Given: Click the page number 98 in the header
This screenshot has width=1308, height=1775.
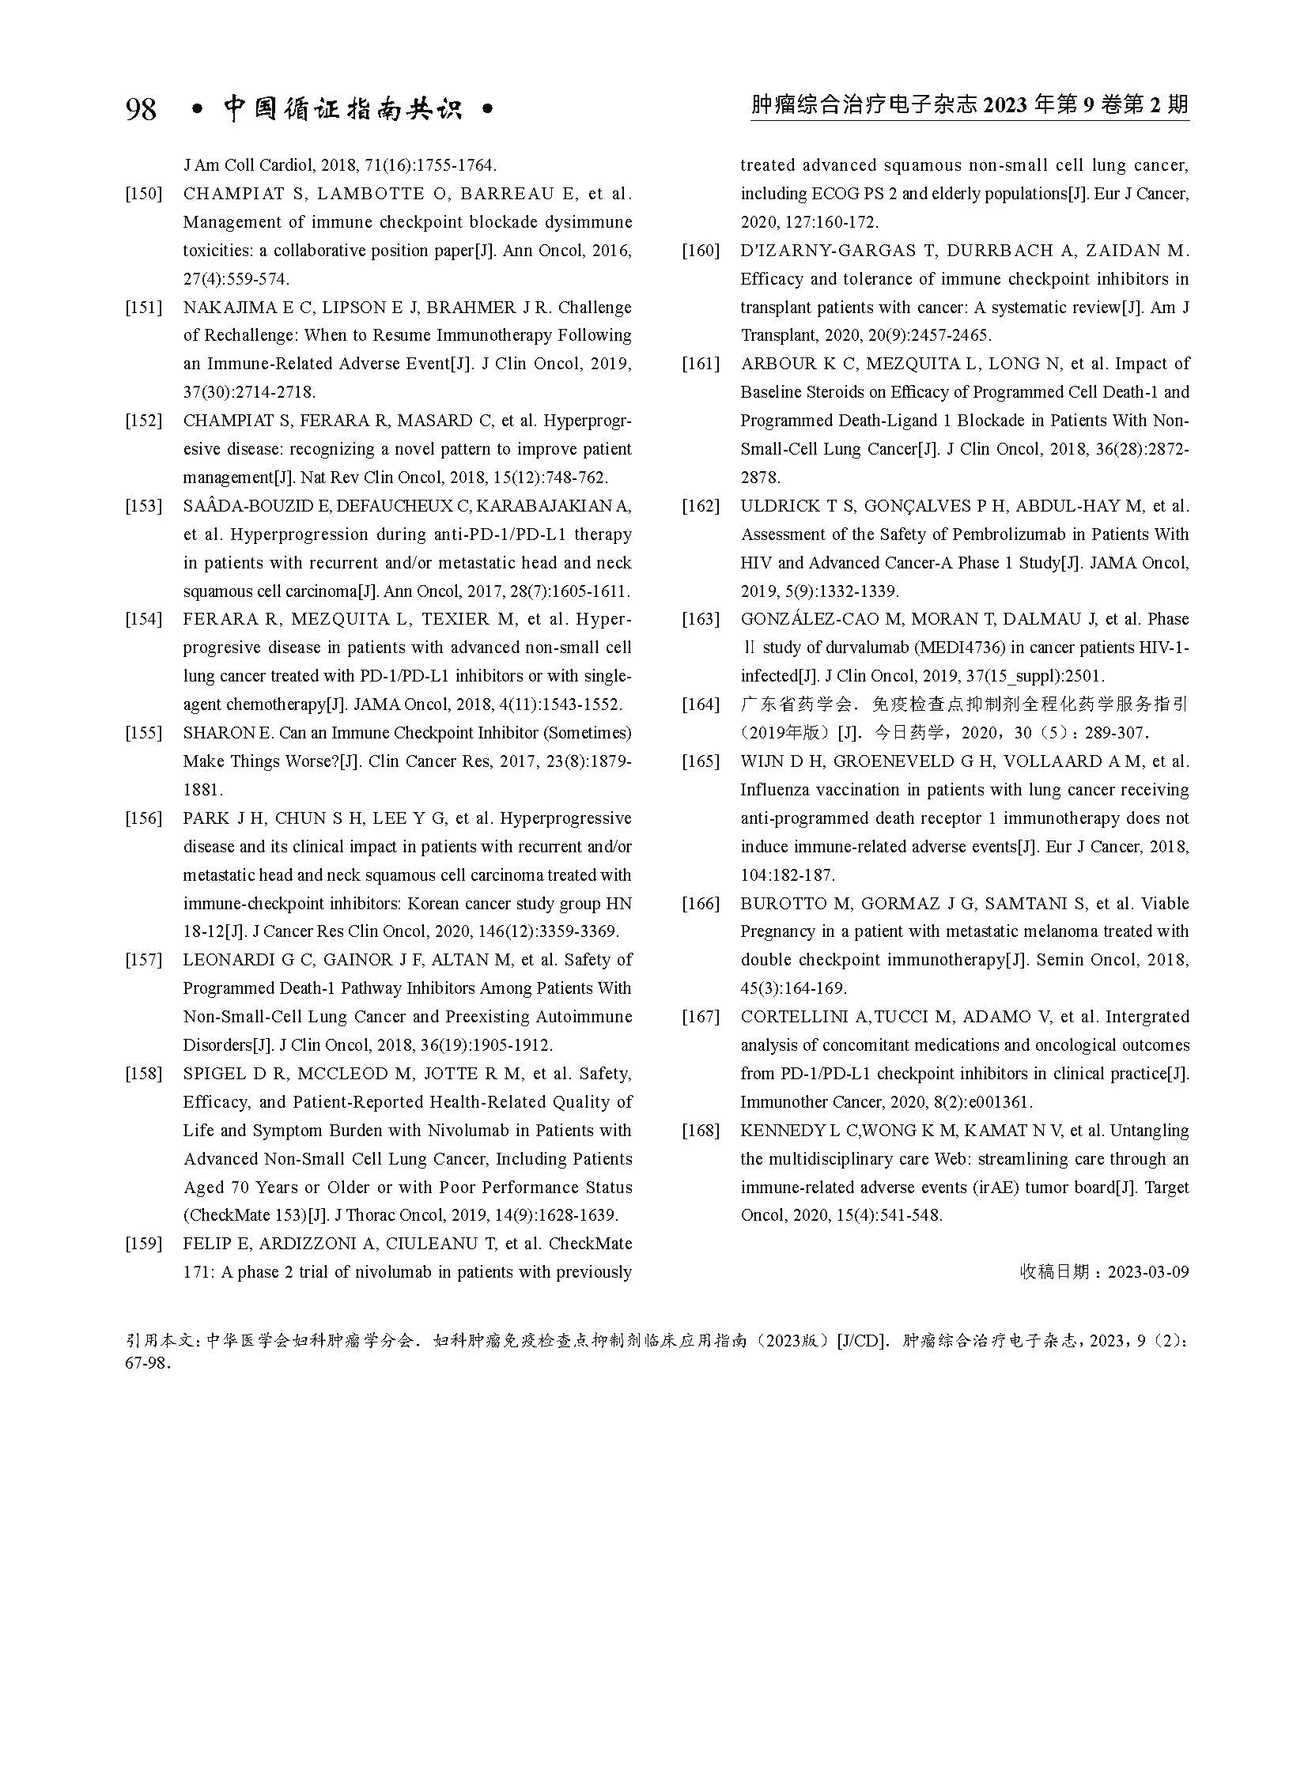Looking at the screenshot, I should click(141, 108).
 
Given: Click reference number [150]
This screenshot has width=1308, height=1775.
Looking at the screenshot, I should click(143, 194).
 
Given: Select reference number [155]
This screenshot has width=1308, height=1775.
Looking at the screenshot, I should click(143, 733).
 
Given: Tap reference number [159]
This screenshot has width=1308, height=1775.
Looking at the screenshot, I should click(143, 1244).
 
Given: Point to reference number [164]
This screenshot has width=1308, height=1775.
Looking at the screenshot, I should click(701, 704).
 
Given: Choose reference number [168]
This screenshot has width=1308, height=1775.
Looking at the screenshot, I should click(701, 1131).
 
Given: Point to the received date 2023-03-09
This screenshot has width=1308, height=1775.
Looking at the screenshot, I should click(1147, 1272).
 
